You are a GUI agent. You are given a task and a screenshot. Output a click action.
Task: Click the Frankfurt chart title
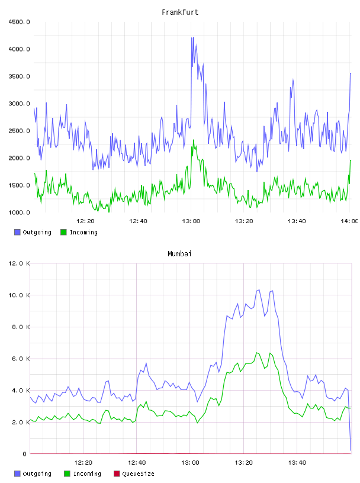tap(180, 12)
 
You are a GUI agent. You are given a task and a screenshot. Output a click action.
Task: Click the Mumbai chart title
tap(179, 254)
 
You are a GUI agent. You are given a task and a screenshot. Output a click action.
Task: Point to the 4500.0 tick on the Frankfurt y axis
tap(19, 22)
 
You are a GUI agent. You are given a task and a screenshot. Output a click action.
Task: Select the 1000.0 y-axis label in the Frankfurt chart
tap(19, 212)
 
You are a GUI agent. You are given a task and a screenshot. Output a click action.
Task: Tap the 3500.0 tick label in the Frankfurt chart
tap(19, 76)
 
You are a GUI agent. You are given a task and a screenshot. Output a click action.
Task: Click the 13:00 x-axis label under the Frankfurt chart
tap(191, 221)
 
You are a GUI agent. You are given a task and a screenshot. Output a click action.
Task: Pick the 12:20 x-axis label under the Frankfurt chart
tap(85, 221)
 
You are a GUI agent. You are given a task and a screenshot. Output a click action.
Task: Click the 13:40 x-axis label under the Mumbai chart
tap(297, 463)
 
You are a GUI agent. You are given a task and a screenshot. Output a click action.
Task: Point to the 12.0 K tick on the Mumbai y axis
tap(19, 263)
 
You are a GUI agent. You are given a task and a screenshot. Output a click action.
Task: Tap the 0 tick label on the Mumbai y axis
tap(25, 454)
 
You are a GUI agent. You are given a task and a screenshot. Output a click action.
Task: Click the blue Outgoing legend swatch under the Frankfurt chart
tap(17, 232)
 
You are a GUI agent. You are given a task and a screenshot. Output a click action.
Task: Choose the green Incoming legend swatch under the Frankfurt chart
tap(63, 232)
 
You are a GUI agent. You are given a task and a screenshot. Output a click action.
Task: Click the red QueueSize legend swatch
tap(117, 474)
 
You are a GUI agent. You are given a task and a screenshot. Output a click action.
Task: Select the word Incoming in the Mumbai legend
tap(87, 474)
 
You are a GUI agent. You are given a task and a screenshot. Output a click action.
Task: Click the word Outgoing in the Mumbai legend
tap(37, 474)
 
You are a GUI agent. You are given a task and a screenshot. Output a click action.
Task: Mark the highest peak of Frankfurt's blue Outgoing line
tap(192, 37)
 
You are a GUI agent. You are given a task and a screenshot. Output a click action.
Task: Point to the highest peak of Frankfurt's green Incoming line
tap(194, 140)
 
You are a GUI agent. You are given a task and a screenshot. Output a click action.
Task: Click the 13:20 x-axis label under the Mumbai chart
tap(244, 463)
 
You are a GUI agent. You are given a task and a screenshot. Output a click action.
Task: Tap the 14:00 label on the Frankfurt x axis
tap(349, 221)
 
